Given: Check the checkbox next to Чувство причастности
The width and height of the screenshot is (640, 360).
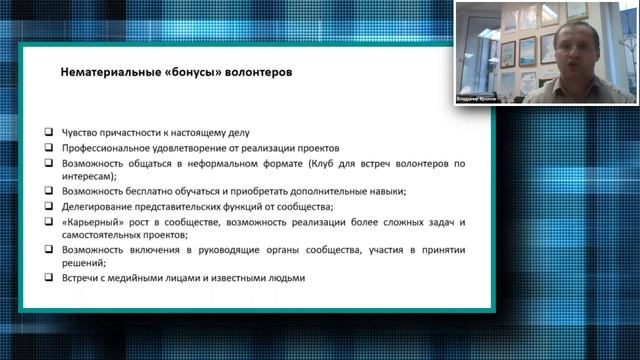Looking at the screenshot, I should (50, 132).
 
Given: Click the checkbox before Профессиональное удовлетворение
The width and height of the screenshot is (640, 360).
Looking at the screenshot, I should (50, 147).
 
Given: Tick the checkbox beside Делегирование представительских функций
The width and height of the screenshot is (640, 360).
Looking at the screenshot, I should (50, 205).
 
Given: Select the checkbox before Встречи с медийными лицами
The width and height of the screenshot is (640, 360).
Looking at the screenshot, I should (50, 278).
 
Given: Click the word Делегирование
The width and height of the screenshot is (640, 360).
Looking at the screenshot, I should (96, 205).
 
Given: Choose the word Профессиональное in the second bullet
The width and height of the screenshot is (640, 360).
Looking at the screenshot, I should (106, 147).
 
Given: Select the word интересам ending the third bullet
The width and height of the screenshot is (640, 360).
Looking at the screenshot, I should (89, 176).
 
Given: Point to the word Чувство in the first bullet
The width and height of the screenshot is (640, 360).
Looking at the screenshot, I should (79, 132).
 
